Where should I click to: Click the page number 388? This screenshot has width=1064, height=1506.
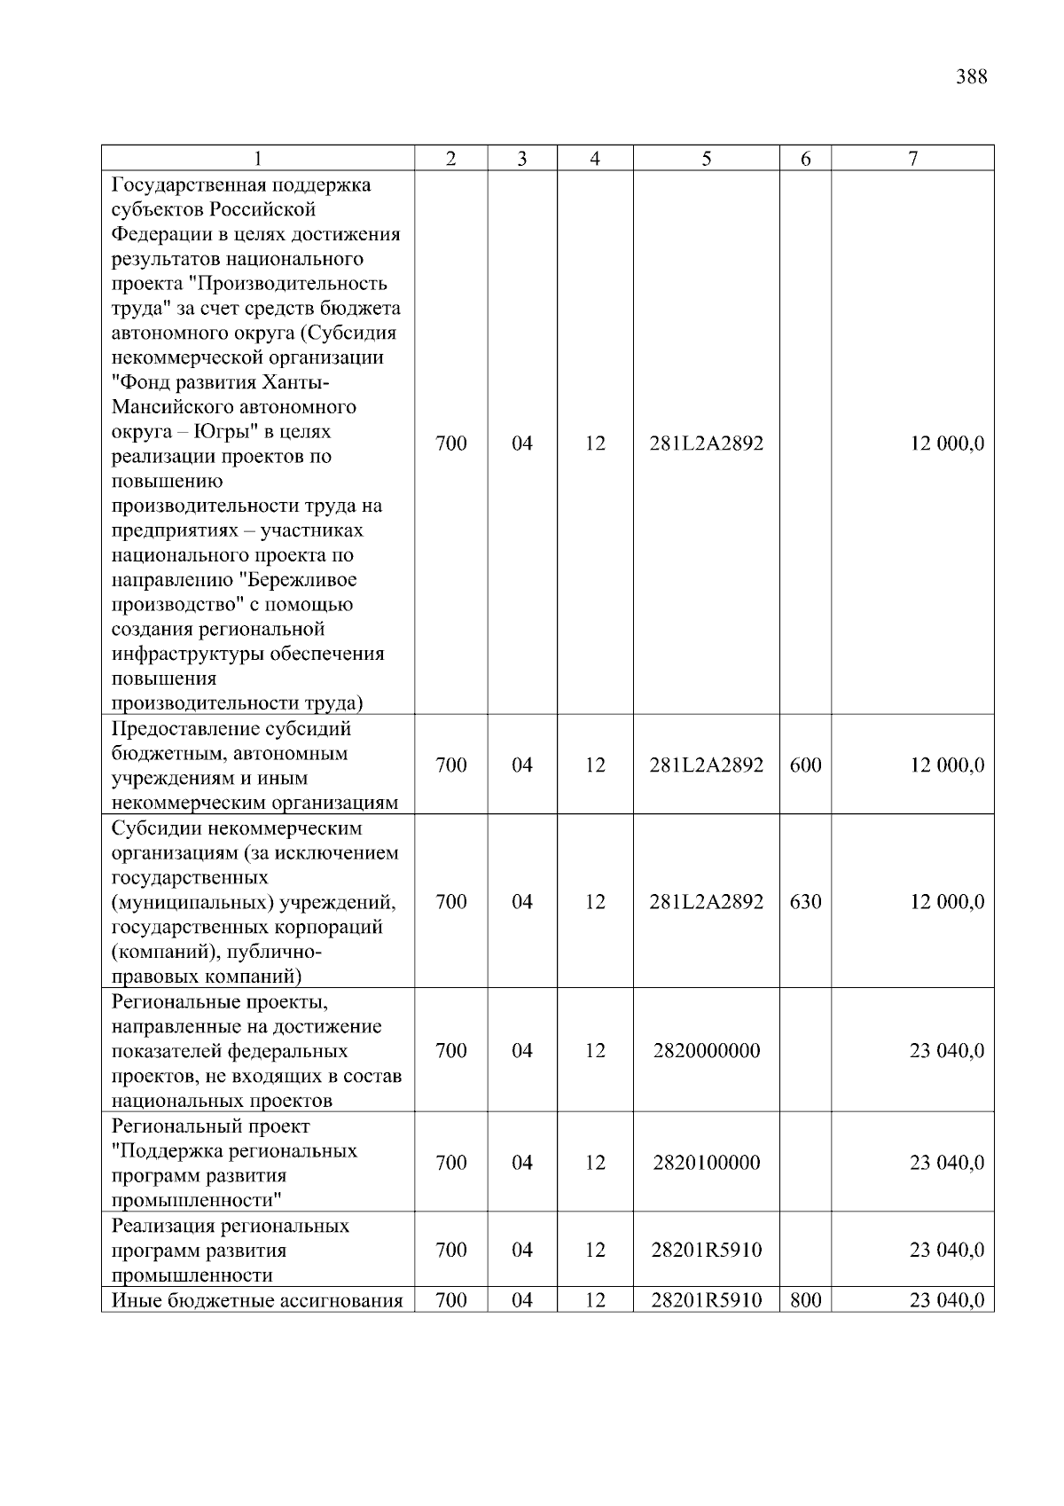pyautogui.click(x=972, y=77)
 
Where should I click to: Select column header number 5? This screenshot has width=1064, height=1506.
pyautogui.click(x=706, y=159)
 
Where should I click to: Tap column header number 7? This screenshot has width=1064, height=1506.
pyautogui.click(x=912, y=159)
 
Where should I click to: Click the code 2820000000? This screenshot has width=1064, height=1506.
pyautogui.click(x=706, y=1051)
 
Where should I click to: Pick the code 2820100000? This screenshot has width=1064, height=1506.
pyautogui.click(x=706, y=1163)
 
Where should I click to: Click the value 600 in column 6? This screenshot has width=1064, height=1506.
pyautogui.click(x=805, y=765)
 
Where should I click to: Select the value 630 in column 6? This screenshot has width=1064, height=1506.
pyautogui.click(x=805, y=902)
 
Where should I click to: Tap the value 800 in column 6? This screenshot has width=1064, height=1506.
pyautogui.click(x=805, y=1301)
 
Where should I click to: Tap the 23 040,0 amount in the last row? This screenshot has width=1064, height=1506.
pyautogui.click(x=946, y=1301)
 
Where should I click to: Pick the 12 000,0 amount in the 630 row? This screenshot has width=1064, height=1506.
pyautogui.click(x=946, y=902)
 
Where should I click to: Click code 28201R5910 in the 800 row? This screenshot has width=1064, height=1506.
pyautogui.click(x=706, y=1301)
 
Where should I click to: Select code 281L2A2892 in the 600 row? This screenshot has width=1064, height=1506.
pyautogui.click(x=706, y=765)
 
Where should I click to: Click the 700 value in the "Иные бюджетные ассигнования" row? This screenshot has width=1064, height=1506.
pyautogui.click(x=451, y=1301)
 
